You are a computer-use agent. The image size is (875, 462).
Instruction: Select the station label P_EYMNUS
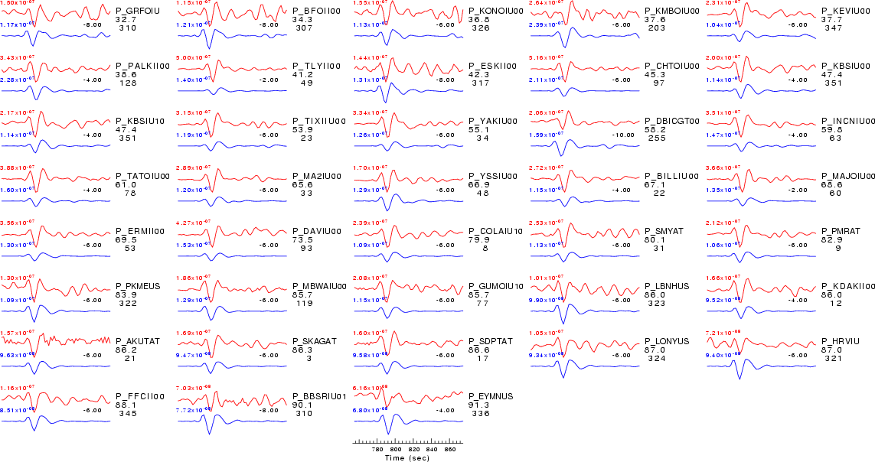click(491, 396)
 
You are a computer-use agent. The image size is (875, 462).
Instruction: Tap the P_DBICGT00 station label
click(672, 121)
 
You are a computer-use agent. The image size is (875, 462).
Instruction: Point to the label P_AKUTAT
click(138, 341)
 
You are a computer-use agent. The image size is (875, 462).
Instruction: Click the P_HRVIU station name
click(840, 341)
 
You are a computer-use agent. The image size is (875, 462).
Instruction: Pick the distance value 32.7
click(126, 20)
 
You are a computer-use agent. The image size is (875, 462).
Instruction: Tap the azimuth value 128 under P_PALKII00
click(127, 83)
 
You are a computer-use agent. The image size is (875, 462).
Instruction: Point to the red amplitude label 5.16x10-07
click(544, 58)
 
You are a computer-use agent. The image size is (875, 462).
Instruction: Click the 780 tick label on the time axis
click(377, 450)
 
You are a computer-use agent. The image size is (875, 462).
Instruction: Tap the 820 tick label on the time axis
click(413, 450)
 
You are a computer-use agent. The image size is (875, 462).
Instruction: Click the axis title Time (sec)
click(407, 458)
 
